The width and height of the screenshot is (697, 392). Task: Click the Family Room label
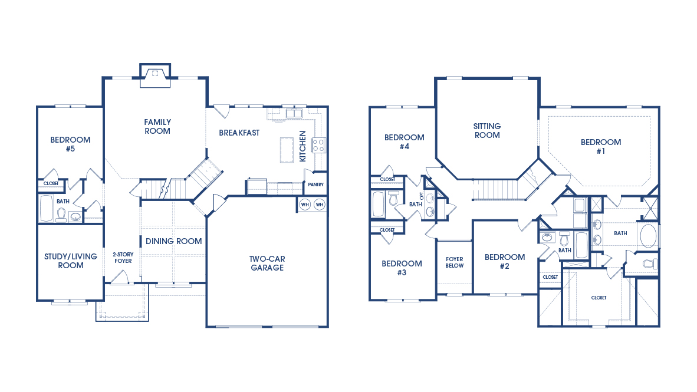(x=157, y=127)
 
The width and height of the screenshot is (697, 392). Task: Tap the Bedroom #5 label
(x=70, y=144)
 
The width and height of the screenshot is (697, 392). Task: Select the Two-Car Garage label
(x=267, y=263)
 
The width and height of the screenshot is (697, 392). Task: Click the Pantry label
(x=316, y=185)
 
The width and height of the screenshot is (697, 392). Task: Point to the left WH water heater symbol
(x=305, y=205)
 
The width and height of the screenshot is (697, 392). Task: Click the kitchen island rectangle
(x=287, y=149)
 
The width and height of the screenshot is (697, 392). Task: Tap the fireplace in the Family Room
(x=155, y=75)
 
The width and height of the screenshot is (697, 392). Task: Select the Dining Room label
(x=173, y=241)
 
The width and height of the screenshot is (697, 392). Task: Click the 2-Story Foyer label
(x=123, y=258)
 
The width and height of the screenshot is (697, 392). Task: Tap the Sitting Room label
(x=487, y=130)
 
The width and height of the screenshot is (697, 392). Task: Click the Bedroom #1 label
(x=600, y=146)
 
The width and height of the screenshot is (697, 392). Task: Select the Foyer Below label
(x=454, y=262)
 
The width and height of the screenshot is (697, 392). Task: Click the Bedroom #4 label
(x=404, y=141)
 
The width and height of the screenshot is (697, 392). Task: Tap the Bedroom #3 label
(x=402, y=268)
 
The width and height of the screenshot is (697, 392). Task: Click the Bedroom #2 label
(x=504, y=261)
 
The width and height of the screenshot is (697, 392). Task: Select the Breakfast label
(x=239, y=133)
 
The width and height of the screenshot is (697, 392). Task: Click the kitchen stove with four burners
(x=318, y=145)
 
